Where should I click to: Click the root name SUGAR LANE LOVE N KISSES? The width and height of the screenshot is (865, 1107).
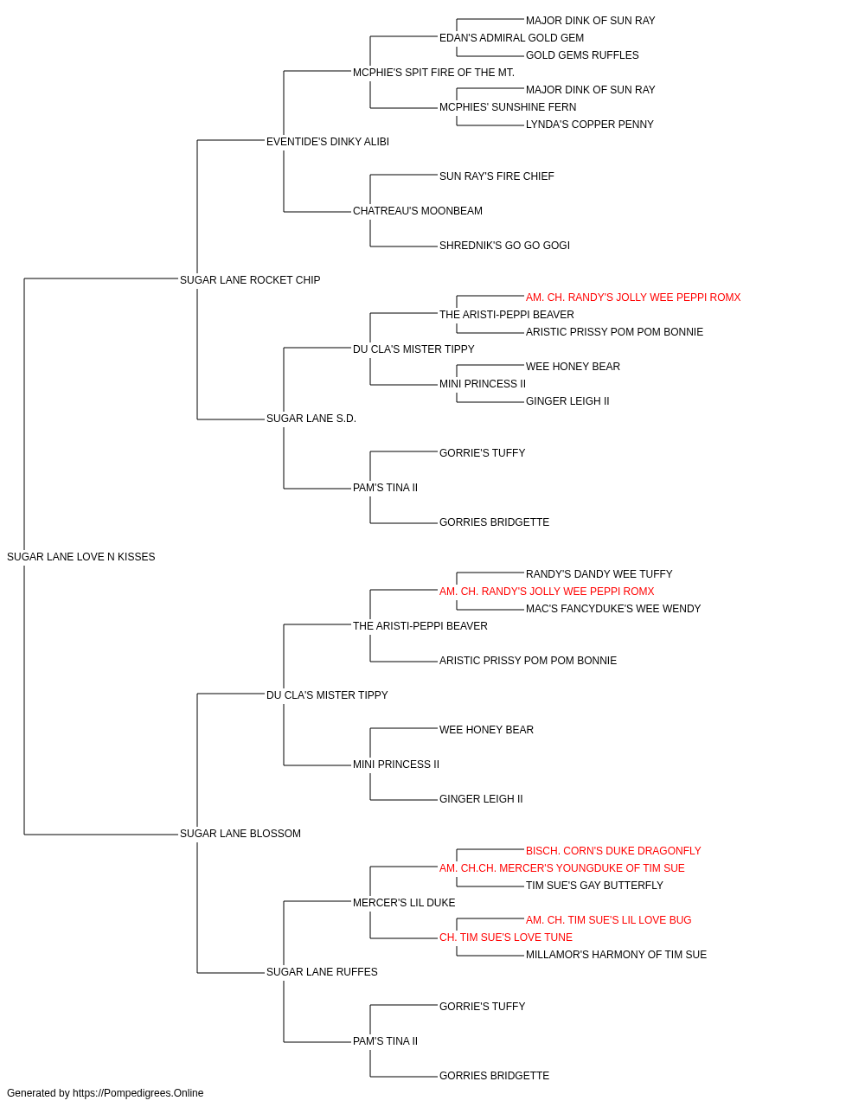click(x=81, y=557)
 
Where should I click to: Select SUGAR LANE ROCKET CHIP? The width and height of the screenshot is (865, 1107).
click(x=250, y=280)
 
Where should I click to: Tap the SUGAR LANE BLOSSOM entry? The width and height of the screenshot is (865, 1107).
click(x=240, y=834)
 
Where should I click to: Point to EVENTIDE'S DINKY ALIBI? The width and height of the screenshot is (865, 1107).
click(x=328, y=142)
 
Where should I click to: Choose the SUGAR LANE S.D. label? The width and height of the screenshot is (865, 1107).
click(x=311, y=419)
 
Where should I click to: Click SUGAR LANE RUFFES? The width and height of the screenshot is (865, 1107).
click(x=322, y=972)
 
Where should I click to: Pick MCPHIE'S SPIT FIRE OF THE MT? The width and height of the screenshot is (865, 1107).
click(x=433, y=73)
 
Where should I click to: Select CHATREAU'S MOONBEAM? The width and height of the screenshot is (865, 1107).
click(x=418, y=211)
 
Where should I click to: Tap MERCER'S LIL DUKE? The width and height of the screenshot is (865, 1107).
click(x=404, y=903)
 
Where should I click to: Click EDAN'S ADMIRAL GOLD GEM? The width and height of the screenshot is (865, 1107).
click(x=511, y=38)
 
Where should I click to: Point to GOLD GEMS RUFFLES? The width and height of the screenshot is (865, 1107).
click(x=582, y=55)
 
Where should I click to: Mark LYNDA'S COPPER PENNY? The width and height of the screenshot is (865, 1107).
click(x=589, y=125)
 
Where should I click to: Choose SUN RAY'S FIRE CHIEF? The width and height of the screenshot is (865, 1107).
click(x=497, y=176)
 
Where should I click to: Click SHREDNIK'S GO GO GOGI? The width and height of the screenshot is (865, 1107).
click(x=505, y=246)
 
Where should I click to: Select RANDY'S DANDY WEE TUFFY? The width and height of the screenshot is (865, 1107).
click(x=599, y=574)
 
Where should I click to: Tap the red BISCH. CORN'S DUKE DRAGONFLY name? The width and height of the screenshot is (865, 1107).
click(x=613, y=851)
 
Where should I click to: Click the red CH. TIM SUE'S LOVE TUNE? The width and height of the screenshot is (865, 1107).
click(x=506, y=937)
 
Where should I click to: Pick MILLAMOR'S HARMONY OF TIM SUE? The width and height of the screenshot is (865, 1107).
click(x=617, y=955)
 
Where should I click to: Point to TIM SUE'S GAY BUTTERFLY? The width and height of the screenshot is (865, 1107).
click(x=594, y=886)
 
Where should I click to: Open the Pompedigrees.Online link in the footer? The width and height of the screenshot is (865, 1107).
click(x=138, y=1093)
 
